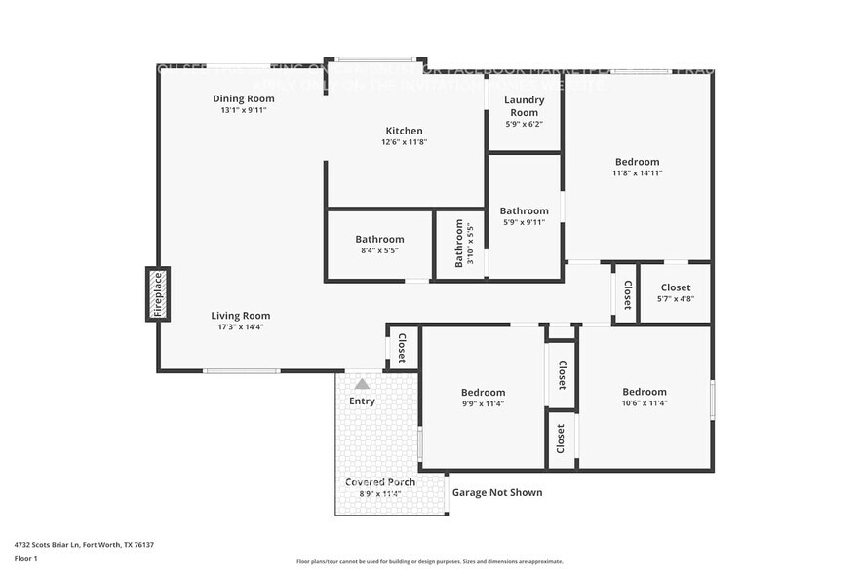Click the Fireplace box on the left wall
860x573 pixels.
(158, 293)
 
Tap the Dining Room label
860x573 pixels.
(243, 98)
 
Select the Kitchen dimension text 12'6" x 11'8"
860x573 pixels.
(404, 142)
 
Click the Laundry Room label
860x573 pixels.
(524, 106)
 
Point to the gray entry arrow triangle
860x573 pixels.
(362, 384)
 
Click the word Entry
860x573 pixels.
(362, 401)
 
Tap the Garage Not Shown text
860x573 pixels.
(497, 492)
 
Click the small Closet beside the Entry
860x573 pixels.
(401, 347)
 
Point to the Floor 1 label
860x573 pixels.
(26, 559)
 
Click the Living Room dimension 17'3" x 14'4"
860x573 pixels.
(241, 326)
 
